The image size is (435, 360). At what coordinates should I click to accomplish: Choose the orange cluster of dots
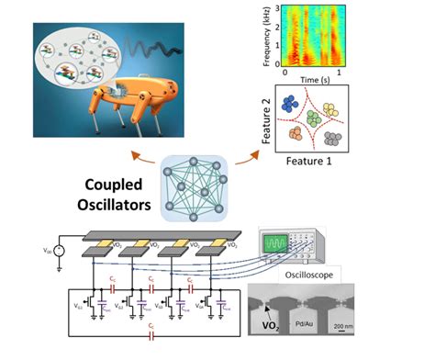point(297,137)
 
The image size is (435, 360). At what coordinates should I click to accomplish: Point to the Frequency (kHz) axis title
point(264,35)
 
